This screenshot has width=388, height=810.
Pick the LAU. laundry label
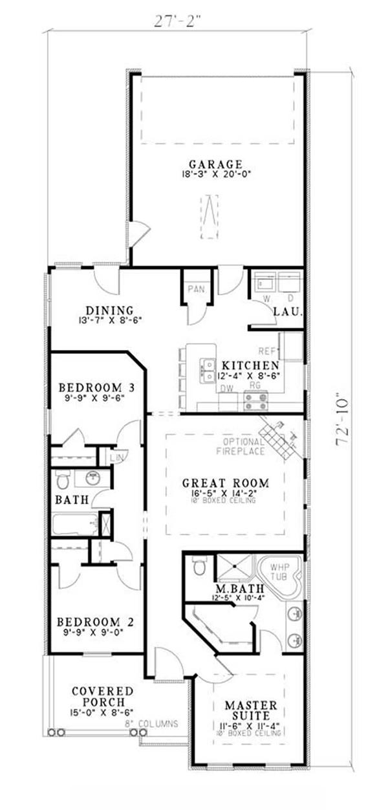[x=284, y=311]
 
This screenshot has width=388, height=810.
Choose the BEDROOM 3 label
[x=97, y=388]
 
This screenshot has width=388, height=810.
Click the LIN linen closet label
[x=116, y=457]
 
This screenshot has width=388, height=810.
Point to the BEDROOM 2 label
[x=96, y=622]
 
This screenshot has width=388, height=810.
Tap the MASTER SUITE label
[x=251, y=710]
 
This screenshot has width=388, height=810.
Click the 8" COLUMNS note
[x=155, y=724]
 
